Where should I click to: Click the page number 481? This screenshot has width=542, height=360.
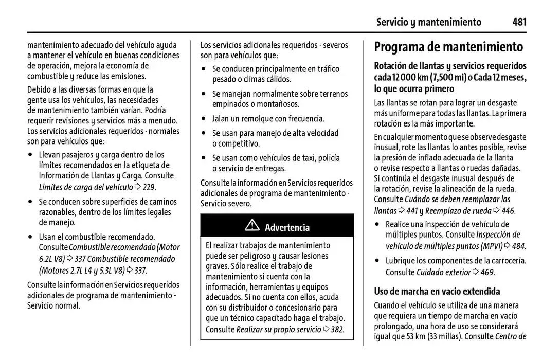point(519,22)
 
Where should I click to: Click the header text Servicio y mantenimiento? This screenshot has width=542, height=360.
point(428,22)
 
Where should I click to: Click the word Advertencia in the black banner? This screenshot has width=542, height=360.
point(287,227)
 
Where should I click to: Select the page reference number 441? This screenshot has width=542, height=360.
point(411,210)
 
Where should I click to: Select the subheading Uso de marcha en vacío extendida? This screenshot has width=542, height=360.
point(437,291)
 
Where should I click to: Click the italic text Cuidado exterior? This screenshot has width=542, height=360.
point(443,272)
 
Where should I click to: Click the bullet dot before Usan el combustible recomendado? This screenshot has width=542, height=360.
point(30,237)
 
